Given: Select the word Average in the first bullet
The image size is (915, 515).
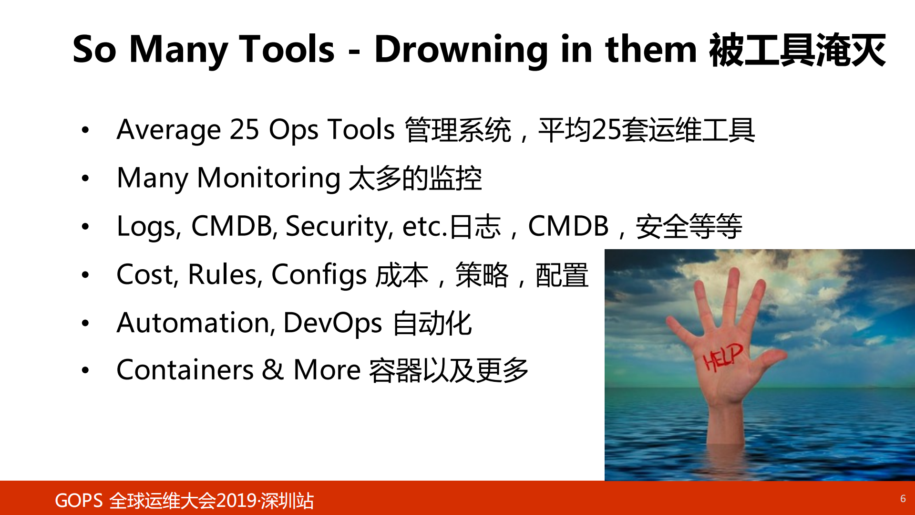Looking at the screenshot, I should [168, 130].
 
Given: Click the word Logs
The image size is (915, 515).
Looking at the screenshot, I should [146, 227].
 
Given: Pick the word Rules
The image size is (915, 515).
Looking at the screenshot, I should [224, 275].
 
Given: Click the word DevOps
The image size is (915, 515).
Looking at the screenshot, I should [332, 323].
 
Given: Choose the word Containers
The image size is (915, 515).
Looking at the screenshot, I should [185, 370].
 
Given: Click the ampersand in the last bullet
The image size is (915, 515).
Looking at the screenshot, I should [272, 370].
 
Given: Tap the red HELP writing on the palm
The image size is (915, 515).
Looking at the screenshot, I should [722, 357].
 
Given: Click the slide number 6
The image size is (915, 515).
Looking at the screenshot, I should [903, 499].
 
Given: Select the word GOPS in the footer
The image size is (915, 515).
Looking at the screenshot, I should [79, 501].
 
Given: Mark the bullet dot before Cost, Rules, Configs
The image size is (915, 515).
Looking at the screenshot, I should [85, 275].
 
